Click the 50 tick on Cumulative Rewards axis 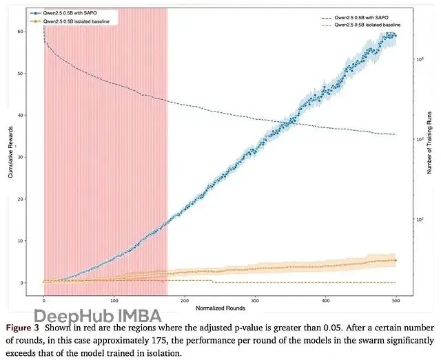click(x=28, y=73)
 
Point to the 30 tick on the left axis click(x=28, y=157)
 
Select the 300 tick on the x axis click(x=255, y=300)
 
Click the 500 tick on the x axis click(x=396, y=300)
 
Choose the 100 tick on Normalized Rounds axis click(x=114, y=300)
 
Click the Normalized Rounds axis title click(x=218, y=307)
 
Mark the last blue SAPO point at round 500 click(x=394, y=36)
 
